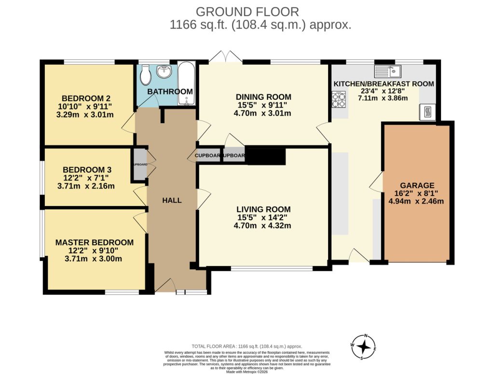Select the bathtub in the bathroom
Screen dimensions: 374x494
coord(186,83)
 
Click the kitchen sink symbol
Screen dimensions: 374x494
coord(388,71)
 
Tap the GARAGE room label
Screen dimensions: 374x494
coord(417,185)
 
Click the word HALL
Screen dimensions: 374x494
coord(172,200)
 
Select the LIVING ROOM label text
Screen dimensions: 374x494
coord(263,209)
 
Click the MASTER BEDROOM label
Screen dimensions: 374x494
coord(94,242)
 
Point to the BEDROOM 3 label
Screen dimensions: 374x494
coord(87,170)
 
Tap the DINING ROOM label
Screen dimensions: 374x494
coord(263,97)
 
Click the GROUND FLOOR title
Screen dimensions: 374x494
coord(247,12)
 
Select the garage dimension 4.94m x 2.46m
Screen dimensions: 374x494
coord(416,202)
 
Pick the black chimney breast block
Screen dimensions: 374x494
coord(266,156)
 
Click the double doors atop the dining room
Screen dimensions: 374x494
coord(226,57)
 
